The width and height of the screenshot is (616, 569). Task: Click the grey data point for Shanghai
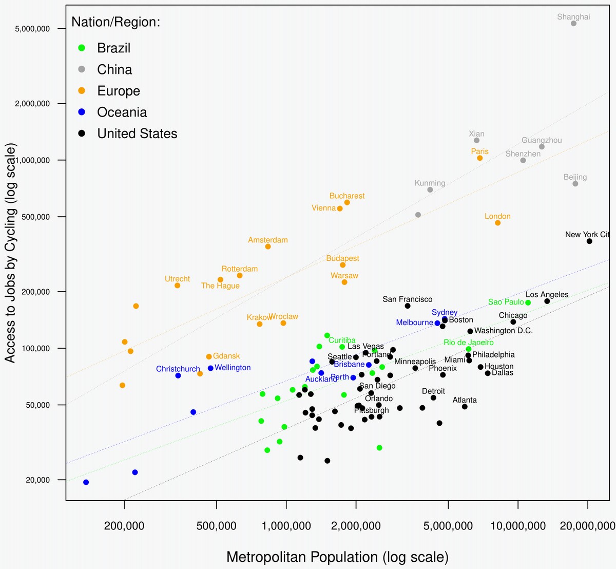point(573,24)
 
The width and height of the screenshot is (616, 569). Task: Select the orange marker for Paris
point(479,158)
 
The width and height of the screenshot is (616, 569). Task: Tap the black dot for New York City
point(589,241)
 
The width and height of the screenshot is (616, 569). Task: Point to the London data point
point(497,223)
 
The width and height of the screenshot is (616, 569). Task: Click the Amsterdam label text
point(267,240)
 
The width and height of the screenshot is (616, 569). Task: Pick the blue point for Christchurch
point(178,375)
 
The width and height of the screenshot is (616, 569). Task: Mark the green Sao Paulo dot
point(528,302)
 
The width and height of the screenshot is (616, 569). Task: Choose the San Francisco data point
point(408,306)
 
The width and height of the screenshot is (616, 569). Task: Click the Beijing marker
point(575,184)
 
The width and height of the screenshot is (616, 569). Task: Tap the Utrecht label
point(177,279)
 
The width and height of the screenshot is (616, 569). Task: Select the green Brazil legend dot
point(82,48)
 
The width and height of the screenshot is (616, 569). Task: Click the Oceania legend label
point(122,112)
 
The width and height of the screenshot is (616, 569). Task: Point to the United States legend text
point(137,134)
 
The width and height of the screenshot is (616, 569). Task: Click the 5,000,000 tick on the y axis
point(32,29)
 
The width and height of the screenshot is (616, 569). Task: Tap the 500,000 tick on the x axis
point(217,526)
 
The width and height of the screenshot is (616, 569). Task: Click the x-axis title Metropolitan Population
point(337,557)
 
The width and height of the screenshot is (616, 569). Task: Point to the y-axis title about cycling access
point(10,253)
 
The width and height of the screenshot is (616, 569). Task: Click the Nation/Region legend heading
point(115,22)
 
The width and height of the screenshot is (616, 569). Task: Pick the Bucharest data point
point(347,203)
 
